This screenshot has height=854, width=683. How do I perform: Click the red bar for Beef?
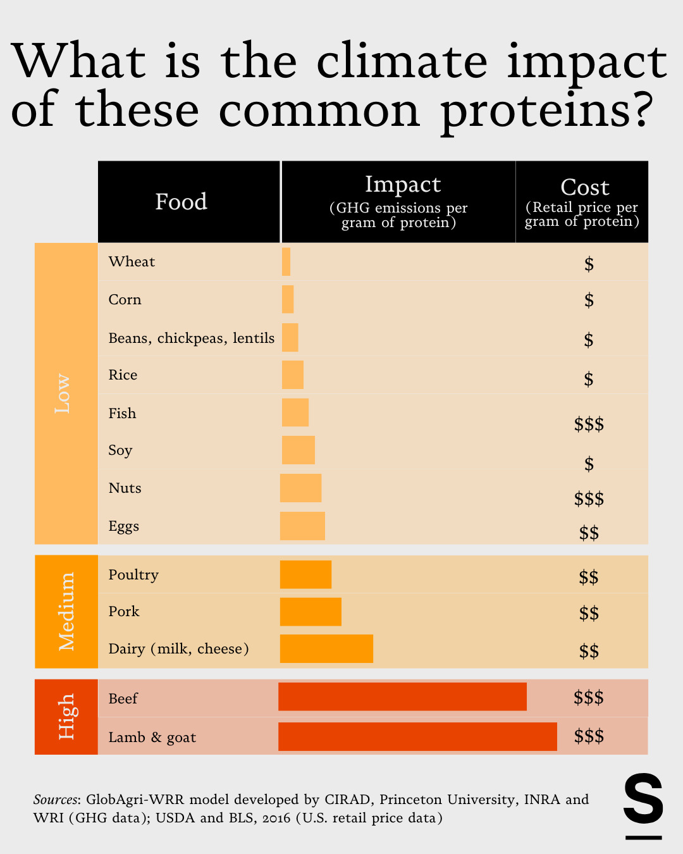(402, 696)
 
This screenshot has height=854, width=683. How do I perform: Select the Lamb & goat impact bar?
(417, 736)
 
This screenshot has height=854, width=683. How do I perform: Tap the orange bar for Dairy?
(326, 648)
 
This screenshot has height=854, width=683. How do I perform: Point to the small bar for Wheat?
(286, 261)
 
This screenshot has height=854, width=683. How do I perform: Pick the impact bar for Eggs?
(302, 526)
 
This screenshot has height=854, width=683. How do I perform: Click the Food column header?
(182, 202)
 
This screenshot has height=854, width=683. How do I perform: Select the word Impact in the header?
(403, 184)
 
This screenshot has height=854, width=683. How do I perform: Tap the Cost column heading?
(584, 187)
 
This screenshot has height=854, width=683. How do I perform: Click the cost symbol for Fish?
(589, 424)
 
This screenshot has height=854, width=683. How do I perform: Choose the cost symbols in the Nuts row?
(589, 499)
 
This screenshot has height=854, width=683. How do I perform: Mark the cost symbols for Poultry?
(589, 577)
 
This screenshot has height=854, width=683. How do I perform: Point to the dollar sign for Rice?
(589, 379)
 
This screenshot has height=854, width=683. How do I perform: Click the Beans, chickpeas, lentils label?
(191, 338)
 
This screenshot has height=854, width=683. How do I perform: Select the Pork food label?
(124, 611)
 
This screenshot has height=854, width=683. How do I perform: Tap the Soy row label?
(120, 450)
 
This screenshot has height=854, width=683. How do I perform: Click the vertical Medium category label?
(66, 611)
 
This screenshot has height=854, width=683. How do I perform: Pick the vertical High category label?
(66, 716)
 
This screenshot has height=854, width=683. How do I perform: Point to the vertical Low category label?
(63, 393)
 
